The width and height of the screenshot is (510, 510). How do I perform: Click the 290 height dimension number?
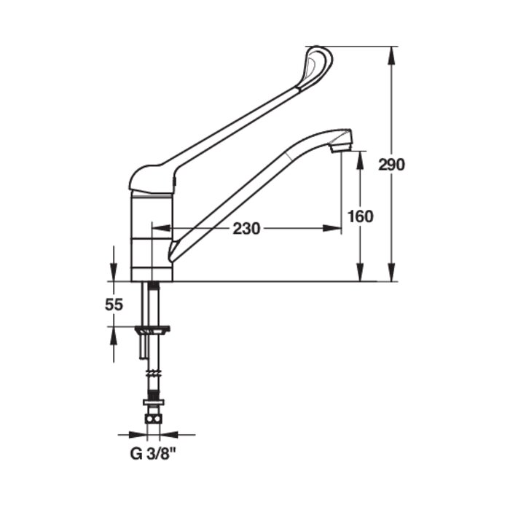tap(391, 164)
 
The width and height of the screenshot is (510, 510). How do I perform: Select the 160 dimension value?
tap(360, 216)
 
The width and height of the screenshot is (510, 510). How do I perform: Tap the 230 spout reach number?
tap(247, 229)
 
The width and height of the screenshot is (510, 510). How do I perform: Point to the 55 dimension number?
tap(114, 305)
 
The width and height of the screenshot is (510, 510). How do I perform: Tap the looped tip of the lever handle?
tap(319, 61)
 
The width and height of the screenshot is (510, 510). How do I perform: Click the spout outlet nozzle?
tap(340, 146)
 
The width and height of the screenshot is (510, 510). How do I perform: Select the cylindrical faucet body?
tap(152, 237)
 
